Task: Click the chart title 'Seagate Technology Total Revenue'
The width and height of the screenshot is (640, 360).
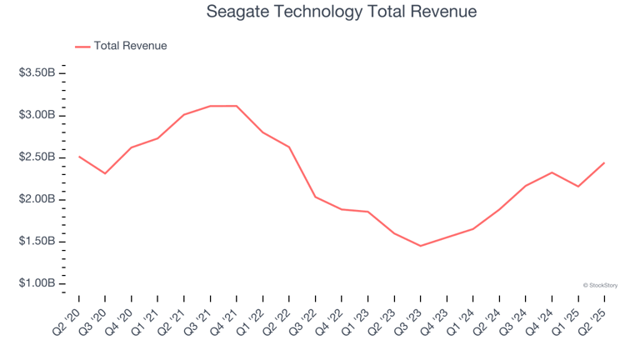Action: [x=320, y=12]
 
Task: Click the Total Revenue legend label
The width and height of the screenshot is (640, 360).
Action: [x=130, y=46]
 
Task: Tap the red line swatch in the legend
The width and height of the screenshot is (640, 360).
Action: [x=82, y=47]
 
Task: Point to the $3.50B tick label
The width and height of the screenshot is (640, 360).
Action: [x=37, y=73]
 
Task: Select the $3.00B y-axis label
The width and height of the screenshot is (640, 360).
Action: [x=37, y=115]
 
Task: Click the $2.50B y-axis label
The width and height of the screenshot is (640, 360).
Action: [x=37, y=157]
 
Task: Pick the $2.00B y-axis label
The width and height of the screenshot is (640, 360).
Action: [x=37, y=199]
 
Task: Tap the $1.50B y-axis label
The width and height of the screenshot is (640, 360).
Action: [x=37, y=242]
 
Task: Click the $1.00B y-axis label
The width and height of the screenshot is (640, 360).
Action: [x=37, y=284]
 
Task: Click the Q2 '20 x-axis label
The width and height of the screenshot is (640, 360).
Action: [x=69, y=317]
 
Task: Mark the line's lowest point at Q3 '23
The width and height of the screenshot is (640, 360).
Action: [x=420, y=246]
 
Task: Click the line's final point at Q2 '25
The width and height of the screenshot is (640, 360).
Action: [x=604, y=163]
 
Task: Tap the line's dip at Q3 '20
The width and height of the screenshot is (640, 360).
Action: [x=105, y=173]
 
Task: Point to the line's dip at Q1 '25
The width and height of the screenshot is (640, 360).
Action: [x=578, y=186]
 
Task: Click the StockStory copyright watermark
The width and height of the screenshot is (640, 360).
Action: [x=599, y=285]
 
